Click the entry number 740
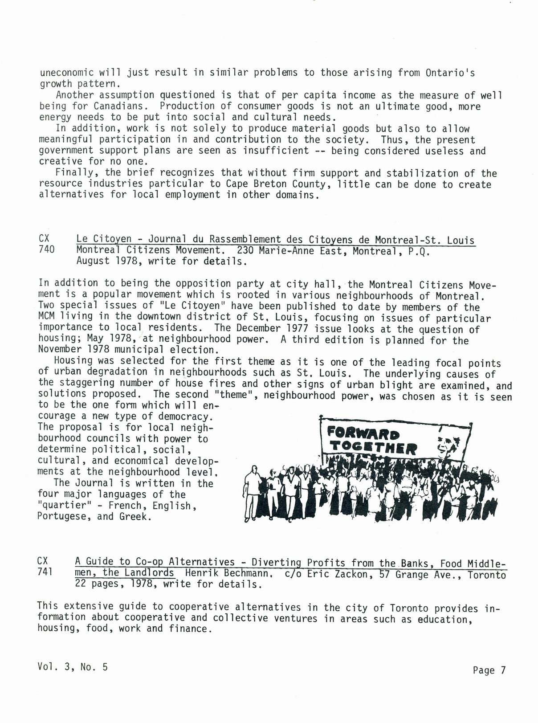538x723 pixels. [47, 250]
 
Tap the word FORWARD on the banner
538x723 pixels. [363, 433]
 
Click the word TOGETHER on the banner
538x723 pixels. [374, 447]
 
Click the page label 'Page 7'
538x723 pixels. [489, 670]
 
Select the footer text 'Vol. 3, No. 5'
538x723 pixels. [73, 667]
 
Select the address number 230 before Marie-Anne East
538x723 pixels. [245, 250]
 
